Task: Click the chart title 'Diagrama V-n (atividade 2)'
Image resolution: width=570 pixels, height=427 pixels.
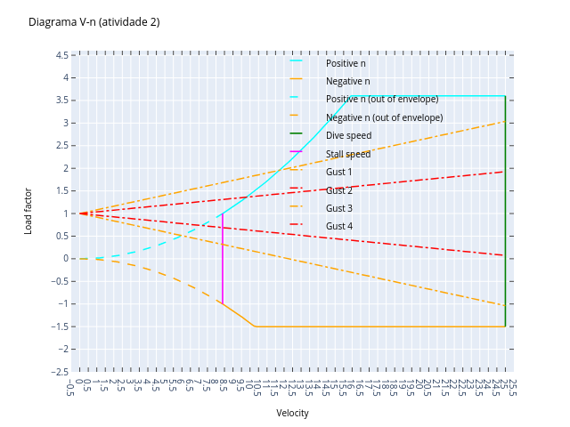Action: tap(94, 22)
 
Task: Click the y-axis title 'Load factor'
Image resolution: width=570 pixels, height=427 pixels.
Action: tap(28, 211)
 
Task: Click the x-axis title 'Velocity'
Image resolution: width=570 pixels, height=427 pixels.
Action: tap(292, 413)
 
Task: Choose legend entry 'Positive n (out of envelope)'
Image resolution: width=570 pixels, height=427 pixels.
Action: tap(381, 99)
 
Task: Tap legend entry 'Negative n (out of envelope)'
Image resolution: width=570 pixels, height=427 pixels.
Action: tap(384, 117)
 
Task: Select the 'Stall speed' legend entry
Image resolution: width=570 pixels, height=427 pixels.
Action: tap(347, 154)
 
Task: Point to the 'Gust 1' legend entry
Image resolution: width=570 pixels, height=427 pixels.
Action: tap(338, 172)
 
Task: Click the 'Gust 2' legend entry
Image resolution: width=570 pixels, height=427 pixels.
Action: tap(338, 190)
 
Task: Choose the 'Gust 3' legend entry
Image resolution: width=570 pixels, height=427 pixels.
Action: tap(338, 208)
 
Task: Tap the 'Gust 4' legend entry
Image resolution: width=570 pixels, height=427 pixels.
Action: tap(338, 226)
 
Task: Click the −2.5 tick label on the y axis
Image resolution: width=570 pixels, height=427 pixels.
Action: tap(60, 372)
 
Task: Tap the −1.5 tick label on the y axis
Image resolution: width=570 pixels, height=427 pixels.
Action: tap(60, 326)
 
